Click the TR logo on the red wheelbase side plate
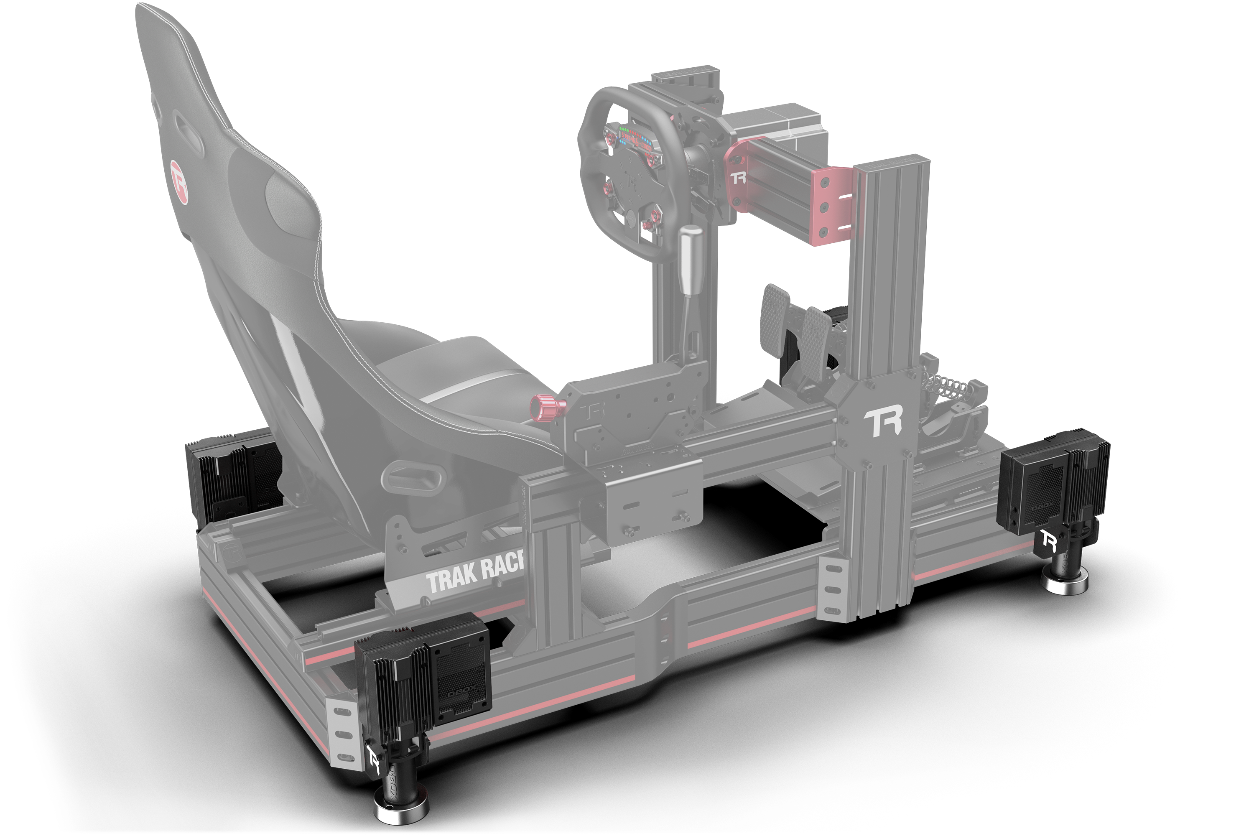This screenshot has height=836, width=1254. [x=739, y=178]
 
